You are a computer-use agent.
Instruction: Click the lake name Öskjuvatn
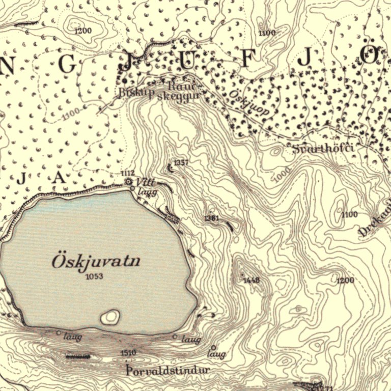pyautogui.click(x=96, y=262)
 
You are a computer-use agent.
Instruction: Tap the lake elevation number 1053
pyautogui.click(x=95, y=276)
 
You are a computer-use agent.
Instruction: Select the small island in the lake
pyautogui.click(x=110, y=317)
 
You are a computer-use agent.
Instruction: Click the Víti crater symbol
pyautogui.click(x=129, y=181)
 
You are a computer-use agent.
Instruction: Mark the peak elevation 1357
pyautogui.click(x=181, y=163)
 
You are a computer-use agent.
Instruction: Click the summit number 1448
pyautogui.click(x=252, y=280)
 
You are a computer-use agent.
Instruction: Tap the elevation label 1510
pyautogui.click(x=129, y=353)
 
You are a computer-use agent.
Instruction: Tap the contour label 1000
pyautogui.click(x=282, y=175)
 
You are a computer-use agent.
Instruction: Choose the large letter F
pyautogui.click(x=247, y=59)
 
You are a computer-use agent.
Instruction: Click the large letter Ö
pyautogui.click(x=370, y=54)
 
